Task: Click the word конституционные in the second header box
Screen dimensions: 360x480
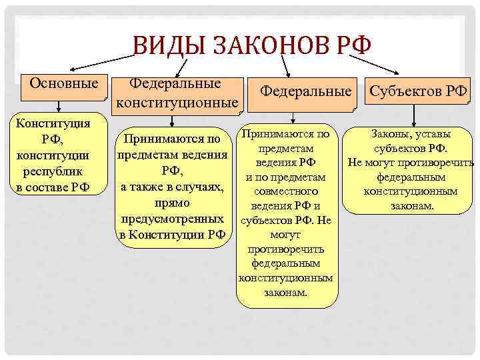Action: pos(177,103)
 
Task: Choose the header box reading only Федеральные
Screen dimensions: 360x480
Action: pos(305,89)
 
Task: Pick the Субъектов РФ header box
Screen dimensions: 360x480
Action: pos(418,89)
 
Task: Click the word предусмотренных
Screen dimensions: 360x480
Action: pos(172,218)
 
